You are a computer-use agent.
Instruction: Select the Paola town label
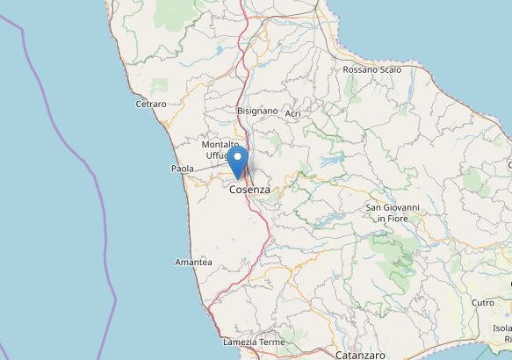click(182, 169)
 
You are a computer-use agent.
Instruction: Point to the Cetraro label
click(151, 104)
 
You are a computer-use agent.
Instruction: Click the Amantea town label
click(193, 263)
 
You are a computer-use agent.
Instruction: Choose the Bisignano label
click(257, 112)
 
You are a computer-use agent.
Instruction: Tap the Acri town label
click(293, 113)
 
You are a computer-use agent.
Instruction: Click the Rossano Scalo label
click(371, 69)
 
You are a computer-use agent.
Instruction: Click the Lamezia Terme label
click(254, 342)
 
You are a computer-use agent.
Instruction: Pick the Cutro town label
click(482, 302)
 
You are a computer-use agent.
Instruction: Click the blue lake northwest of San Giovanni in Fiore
click(333, 162)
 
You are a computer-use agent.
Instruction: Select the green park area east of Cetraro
click(160, 87)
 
